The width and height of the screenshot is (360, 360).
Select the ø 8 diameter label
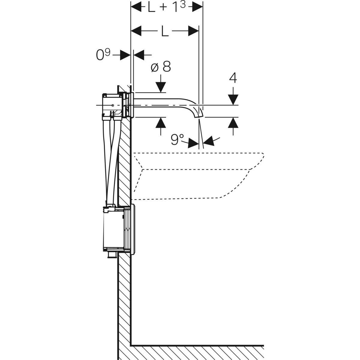161,67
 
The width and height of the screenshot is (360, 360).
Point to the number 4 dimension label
233,78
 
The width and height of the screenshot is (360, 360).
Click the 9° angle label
177,140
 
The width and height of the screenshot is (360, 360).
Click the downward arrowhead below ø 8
161,88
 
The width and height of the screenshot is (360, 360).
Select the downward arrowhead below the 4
233,100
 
